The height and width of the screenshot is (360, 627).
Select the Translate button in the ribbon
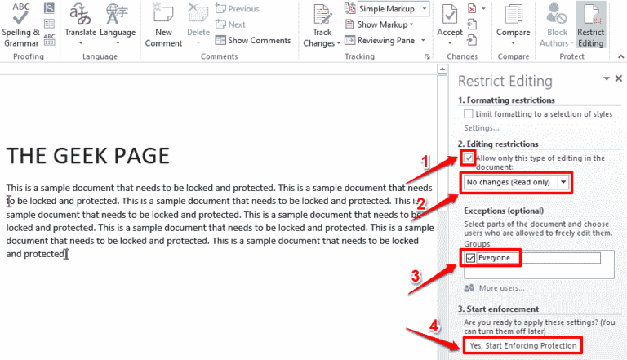click(80, 24)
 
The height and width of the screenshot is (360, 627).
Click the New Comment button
click(164, 24)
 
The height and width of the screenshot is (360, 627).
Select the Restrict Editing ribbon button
click(590, 24)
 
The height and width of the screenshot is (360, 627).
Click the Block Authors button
click(558, 24)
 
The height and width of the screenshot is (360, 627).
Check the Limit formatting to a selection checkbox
click(468, 114)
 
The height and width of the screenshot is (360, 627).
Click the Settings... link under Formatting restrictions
click(481, 128)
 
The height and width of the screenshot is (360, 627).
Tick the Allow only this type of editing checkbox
click(468, 158)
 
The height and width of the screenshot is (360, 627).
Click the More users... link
click(500, 288)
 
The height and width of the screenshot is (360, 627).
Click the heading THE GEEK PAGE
click(88, 155)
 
